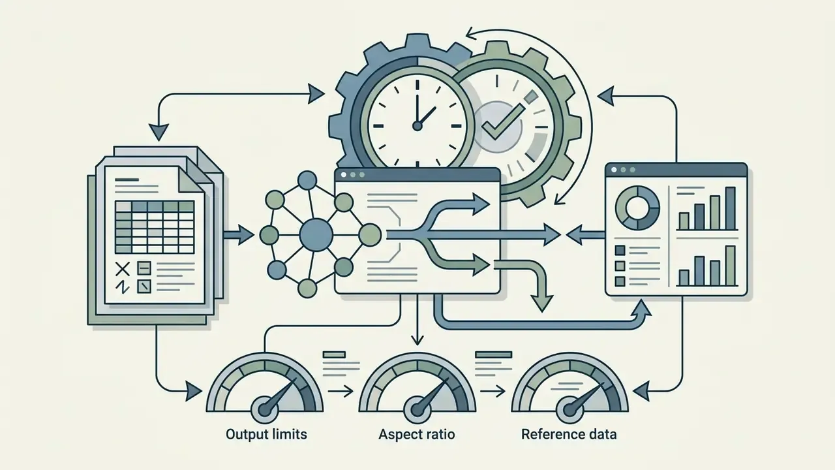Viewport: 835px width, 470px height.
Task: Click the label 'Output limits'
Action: (266, 434)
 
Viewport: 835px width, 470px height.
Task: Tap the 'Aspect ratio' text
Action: (417, 435)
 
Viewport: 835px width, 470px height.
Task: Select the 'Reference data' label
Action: (569, 434)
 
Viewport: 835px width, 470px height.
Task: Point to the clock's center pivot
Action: (417, 126)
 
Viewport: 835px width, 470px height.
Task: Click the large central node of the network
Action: (316, 235)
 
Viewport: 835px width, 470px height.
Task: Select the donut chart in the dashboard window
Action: (637, 208)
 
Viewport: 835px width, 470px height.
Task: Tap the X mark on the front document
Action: (122, 268)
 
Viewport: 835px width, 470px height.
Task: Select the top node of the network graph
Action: (307, 181)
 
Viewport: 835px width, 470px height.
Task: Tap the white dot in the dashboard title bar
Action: (614, 170)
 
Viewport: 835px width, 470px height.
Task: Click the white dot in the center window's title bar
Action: (343, 174)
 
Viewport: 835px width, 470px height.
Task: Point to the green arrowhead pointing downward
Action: (541, 304)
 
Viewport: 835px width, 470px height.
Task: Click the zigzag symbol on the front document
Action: (122, 287)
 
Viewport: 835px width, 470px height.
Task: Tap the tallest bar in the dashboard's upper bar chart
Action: (730, 208)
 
